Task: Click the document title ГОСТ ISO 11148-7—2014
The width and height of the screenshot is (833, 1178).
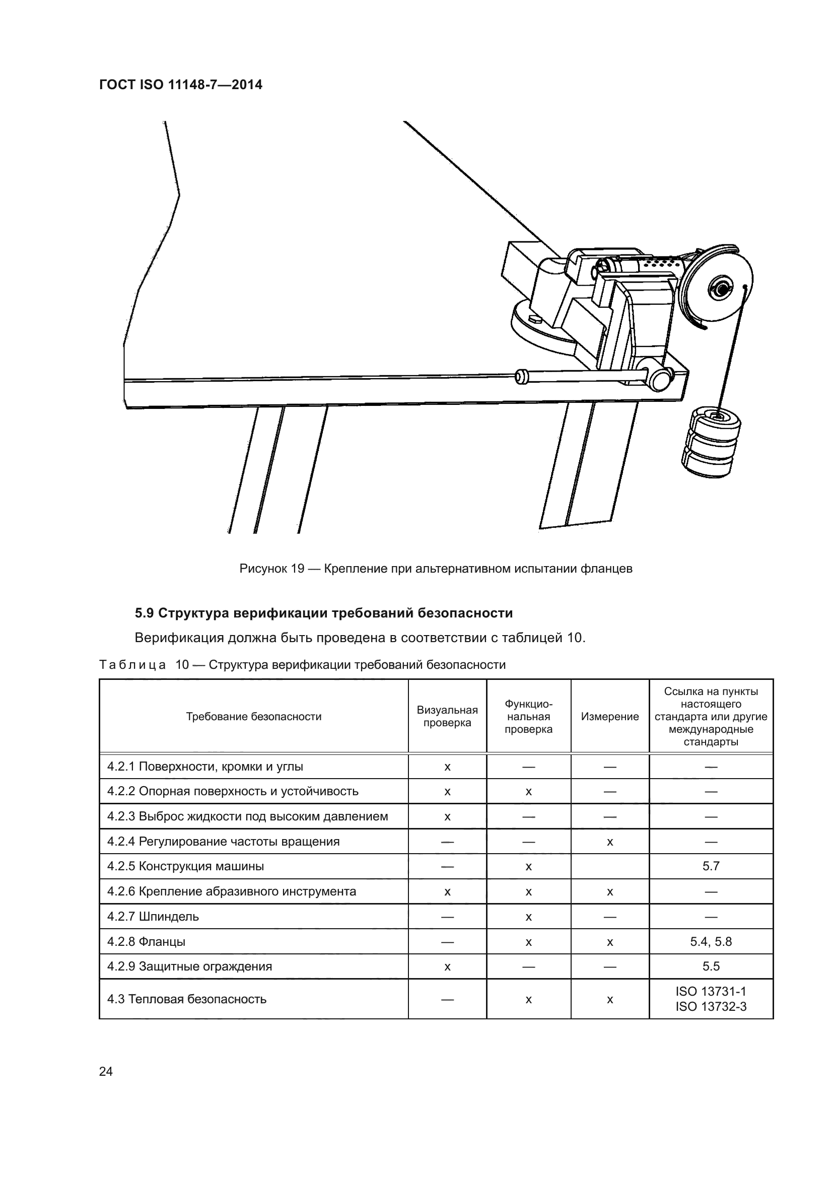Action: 181,85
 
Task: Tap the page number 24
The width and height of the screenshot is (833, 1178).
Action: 106,1071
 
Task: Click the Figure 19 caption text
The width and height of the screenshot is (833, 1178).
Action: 436,569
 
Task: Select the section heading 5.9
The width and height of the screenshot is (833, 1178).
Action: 324,613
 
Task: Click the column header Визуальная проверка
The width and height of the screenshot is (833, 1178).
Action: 447,716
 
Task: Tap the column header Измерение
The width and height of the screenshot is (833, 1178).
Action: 609,716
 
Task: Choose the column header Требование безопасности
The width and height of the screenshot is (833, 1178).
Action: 253,716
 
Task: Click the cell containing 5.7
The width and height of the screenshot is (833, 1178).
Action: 711,866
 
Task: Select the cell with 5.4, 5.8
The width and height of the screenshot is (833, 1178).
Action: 711,941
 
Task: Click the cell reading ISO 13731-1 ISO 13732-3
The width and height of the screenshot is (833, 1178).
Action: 711,999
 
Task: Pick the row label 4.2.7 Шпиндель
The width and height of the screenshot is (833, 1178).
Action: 153,916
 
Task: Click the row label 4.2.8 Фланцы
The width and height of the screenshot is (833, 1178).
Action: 146,941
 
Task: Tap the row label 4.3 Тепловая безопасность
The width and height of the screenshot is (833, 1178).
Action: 187,999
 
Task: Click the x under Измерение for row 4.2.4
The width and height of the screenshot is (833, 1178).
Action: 609,842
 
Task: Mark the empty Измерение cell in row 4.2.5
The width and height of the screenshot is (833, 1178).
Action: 609,866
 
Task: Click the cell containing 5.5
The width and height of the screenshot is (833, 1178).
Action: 711,966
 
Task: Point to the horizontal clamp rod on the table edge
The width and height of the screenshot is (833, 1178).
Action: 580,377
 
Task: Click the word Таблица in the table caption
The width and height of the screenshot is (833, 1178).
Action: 132,665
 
